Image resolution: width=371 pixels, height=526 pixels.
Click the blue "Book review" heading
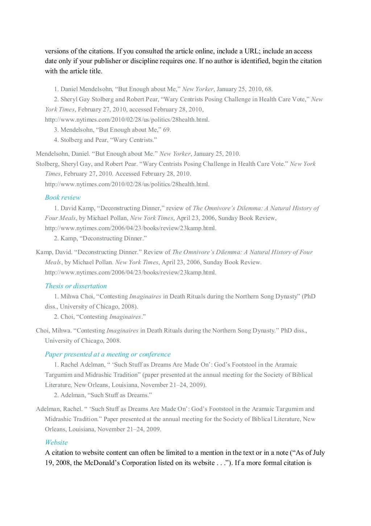coord(63,197)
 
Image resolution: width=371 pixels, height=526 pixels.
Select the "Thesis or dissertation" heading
coord(76,286)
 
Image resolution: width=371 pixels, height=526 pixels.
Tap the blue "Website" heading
coord(56,443)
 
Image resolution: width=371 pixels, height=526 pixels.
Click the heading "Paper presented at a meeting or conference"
coord(108,354)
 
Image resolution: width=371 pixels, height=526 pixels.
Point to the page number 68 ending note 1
coord(268,89)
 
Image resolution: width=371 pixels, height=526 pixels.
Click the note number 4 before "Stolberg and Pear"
coord(56,140)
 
